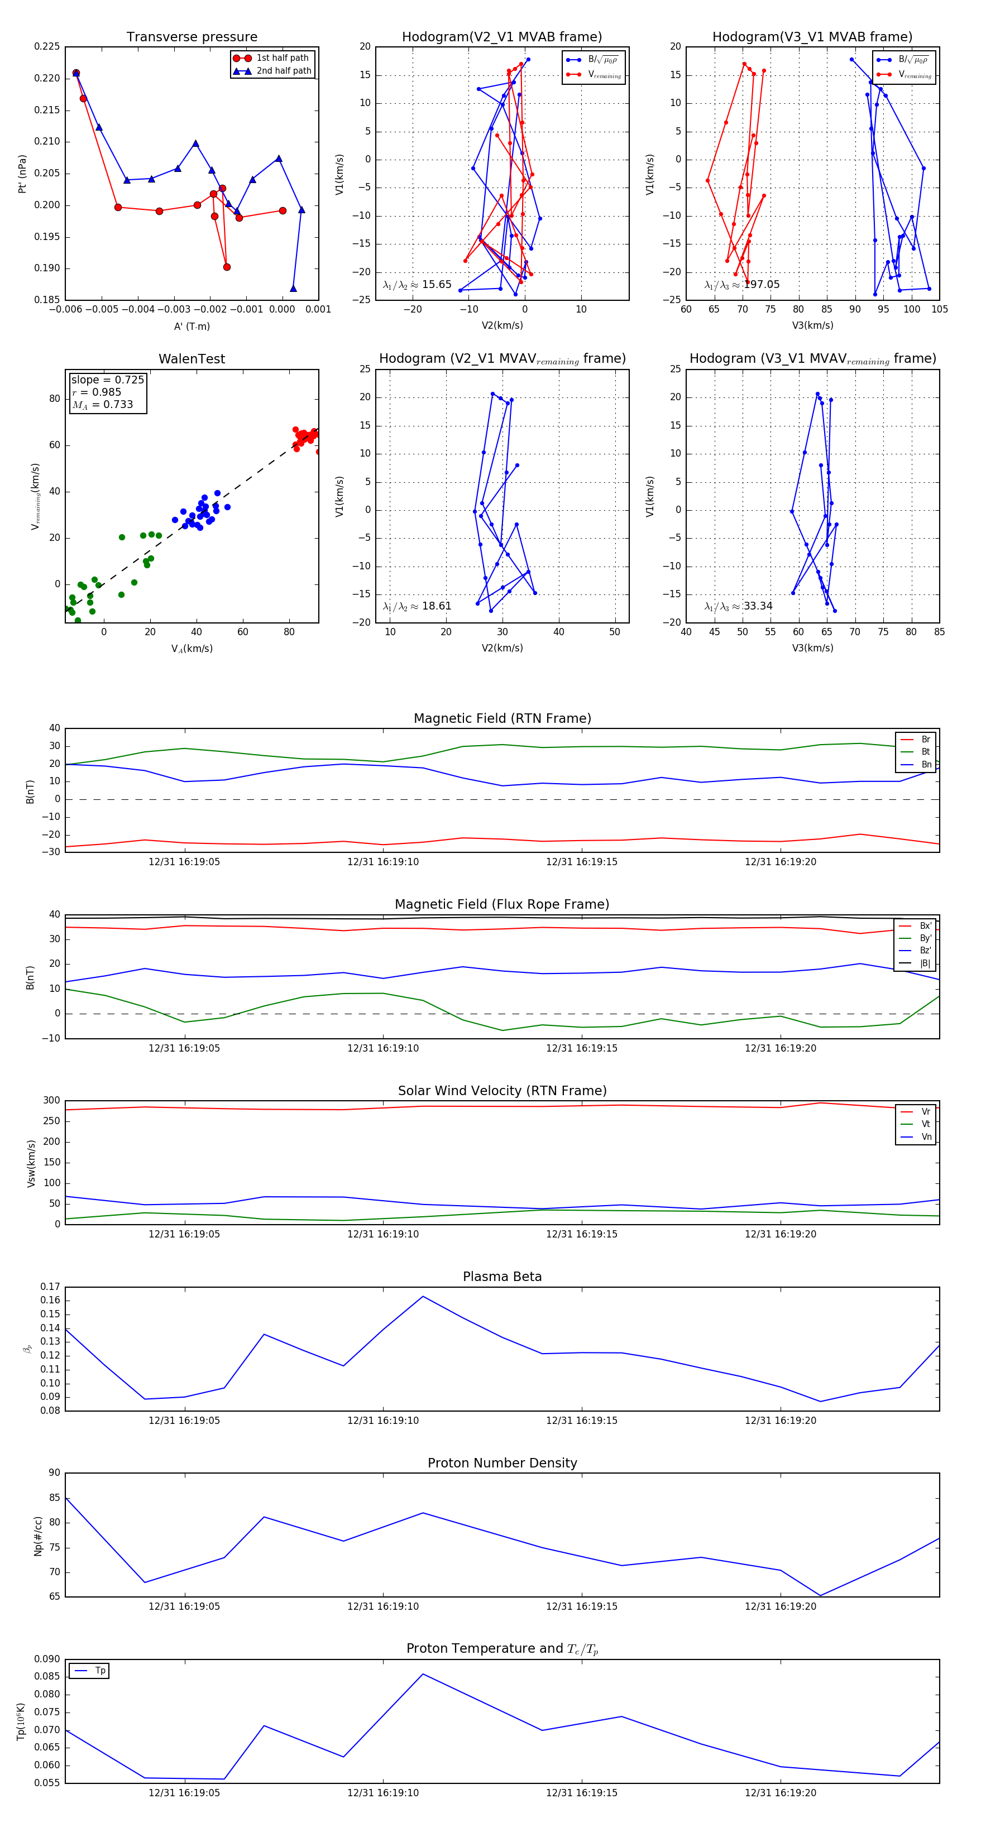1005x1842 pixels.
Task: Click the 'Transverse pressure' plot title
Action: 192,37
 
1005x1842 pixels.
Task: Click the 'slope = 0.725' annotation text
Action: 107,380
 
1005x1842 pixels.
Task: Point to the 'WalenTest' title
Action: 192,359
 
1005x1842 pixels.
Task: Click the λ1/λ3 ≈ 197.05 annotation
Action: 742,285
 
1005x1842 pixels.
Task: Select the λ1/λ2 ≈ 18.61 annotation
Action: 417,606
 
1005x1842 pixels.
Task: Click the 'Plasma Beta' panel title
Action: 502,1277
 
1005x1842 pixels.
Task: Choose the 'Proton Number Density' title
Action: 502,1463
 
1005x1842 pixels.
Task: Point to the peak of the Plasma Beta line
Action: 423,1297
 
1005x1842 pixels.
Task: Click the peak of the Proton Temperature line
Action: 423,1674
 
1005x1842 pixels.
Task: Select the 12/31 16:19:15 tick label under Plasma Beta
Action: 582,1421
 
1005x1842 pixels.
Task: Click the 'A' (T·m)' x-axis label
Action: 192,327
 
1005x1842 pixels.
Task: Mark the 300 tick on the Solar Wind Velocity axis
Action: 51,1101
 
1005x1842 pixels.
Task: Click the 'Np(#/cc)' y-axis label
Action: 38,1536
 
